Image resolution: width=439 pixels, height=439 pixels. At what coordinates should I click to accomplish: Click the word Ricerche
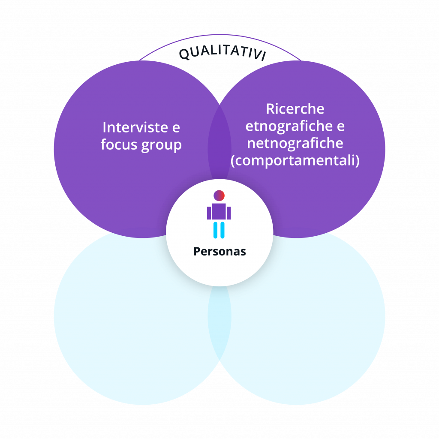tap(295, 109)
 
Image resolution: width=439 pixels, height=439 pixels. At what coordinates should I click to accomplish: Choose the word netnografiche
tap(295, 143)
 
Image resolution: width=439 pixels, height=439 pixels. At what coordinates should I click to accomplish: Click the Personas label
tap(219, 251)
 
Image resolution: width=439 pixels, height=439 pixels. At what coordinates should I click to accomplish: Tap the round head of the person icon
tap(219, 195)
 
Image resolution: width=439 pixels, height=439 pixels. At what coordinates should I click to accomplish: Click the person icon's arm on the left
tap(209, 213)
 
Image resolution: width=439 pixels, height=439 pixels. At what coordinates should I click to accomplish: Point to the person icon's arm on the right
tap(229, 213)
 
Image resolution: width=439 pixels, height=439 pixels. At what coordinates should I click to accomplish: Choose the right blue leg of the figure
tap(223, 230)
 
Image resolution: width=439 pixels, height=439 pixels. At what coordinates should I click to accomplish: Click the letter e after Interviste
tap(176, 128)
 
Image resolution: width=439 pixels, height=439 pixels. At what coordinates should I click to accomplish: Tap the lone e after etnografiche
tap(340, 127)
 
